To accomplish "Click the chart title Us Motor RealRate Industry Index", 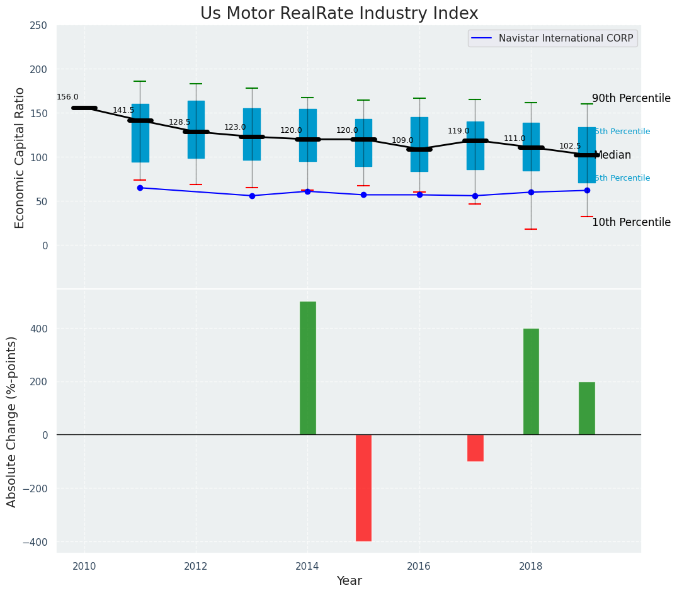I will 339,14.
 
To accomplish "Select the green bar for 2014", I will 307,368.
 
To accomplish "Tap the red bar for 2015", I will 363,488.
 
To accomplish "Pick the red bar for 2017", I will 475,448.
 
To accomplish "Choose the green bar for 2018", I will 531,381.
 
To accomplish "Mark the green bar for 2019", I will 586,408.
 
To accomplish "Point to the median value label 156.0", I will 67,97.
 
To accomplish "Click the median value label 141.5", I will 123,110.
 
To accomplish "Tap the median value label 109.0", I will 402,140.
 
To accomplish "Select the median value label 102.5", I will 570,146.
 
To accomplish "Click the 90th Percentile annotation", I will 631,99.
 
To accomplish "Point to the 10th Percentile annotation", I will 631,222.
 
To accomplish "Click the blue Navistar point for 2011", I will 140,188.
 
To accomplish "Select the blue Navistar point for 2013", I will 252,196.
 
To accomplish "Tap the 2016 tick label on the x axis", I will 419,567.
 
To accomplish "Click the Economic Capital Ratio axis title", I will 20,157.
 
